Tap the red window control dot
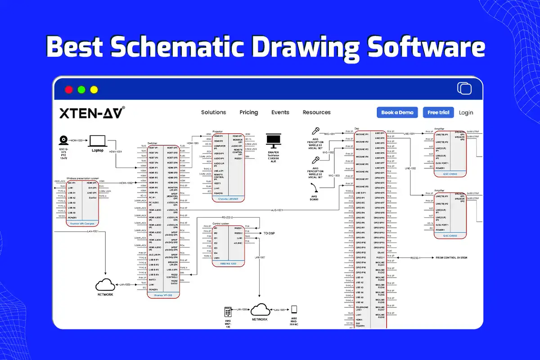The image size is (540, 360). point(69,90)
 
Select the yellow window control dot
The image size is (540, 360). point(94,90)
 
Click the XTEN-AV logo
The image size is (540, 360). point(92,112)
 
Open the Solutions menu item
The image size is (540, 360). point(213,112)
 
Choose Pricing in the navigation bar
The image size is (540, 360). point(249,112)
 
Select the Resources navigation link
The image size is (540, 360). point(316,112)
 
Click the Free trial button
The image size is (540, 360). point(438,112)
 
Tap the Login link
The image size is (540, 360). point(466,112)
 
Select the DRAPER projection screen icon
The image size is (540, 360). point(273,141)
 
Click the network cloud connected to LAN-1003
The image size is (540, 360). point(104,285)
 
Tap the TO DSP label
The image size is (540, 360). point(269,234)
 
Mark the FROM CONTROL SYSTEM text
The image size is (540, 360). point(451,258)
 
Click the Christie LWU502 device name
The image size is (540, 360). point(228,198)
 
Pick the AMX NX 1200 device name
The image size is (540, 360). point(228,263)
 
